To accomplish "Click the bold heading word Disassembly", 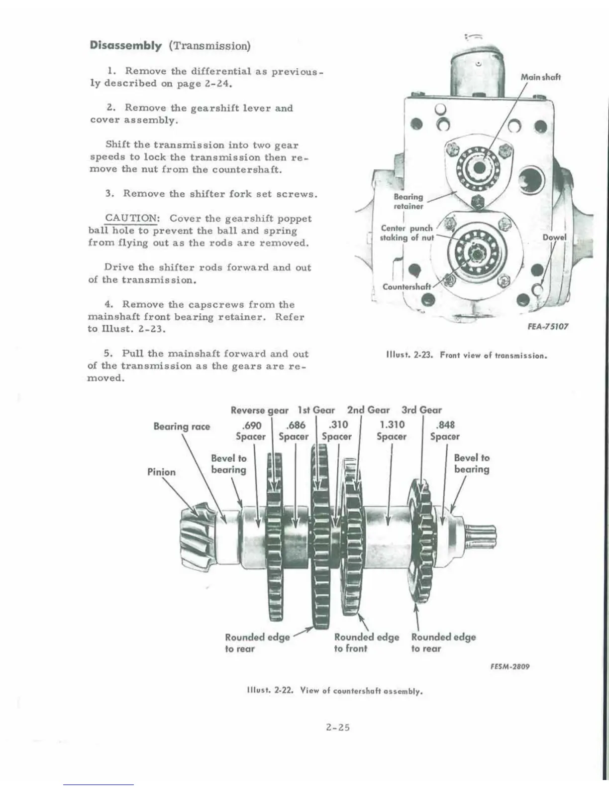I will (125, 45).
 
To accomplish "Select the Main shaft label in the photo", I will (540, 77).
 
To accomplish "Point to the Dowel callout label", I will (554, 238).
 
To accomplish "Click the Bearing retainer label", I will (408, 201).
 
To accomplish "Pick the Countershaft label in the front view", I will (406, 286).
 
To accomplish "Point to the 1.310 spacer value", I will (392, 425).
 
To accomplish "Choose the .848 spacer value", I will (444, 425).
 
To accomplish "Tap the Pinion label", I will (161, 472).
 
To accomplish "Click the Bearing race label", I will (182, 426).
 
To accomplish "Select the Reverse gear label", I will (259, 410).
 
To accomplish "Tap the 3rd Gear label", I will (421, 410).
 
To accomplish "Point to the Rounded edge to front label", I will (366, 643).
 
